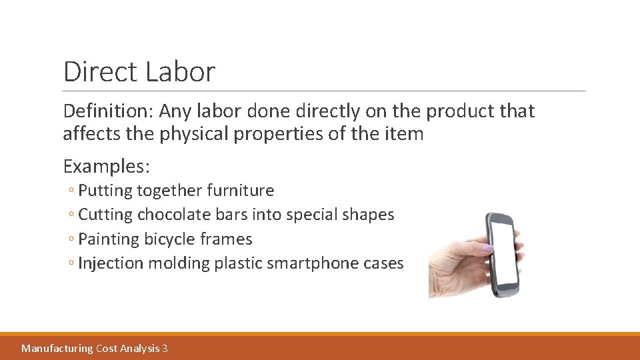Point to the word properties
(283, 134)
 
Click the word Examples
(106, 165)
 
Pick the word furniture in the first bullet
(241, 191)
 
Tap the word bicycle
(165, 239)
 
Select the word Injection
(111, 263)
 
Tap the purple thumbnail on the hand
(487, 248)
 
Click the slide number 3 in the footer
(165, 348)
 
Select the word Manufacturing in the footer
(57, 348)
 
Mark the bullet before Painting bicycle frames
(71, 239)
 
